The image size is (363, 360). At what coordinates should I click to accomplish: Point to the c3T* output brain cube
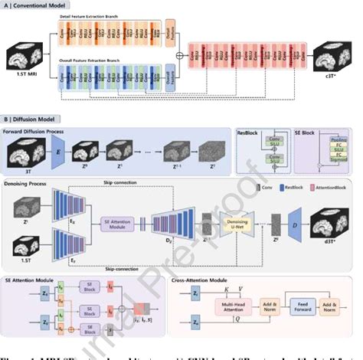pyautogui.click(x=336, y=59)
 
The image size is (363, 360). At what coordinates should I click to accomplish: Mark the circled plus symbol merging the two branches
pyautogui.click(x=180, y=55)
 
